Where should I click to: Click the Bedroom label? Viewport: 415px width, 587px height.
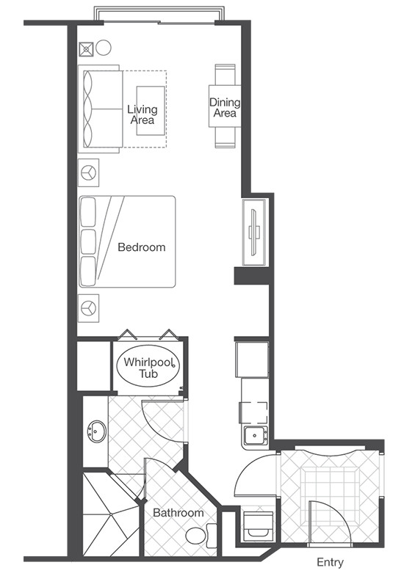141,247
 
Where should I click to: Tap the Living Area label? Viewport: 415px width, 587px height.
142,114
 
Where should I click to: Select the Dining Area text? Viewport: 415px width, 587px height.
225,107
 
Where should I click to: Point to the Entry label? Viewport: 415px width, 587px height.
330,562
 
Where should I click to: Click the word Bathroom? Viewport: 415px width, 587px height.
178,512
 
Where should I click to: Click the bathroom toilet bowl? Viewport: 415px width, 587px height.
196,536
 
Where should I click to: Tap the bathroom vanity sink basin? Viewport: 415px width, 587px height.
97,431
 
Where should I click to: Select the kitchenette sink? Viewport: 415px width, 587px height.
255,436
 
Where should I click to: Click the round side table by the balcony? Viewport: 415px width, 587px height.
103,48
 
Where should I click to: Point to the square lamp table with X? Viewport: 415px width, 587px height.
86,49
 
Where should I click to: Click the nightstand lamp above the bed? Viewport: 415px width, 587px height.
88,173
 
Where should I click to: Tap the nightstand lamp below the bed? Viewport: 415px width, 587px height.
88,308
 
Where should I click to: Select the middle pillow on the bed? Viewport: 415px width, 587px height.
88,241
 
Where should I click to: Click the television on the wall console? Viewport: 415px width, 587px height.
255,233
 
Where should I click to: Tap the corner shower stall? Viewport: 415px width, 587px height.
111,514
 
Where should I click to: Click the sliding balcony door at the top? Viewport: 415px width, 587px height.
159,23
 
